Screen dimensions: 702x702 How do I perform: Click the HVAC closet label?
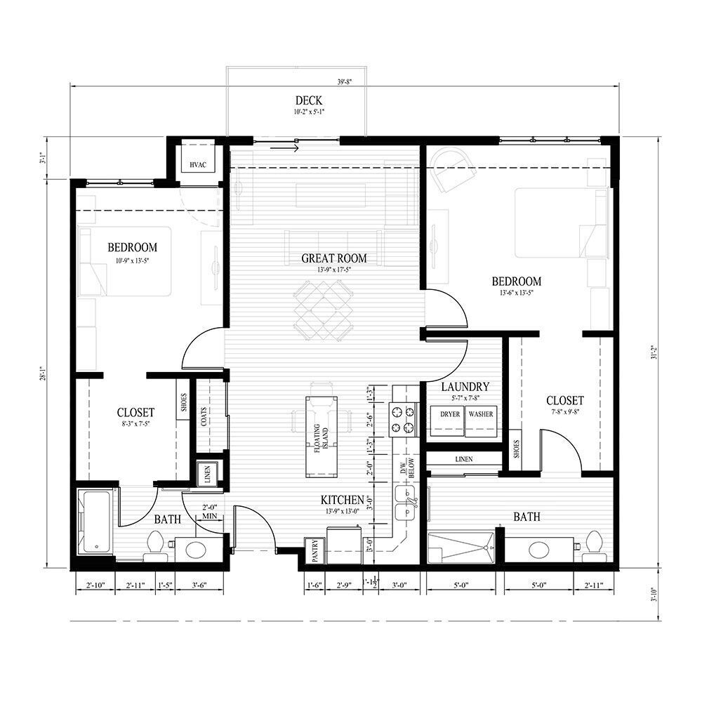(x=196, y=165)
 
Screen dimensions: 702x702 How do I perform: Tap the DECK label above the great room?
(x=309, y=101)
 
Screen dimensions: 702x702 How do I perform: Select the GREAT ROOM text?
(x=333, y=258)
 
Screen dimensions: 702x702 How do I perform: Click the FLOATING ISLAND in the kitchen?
(x=322, y=435)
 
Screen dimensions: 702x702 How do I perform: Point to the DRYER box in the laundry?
(x=450, y=414)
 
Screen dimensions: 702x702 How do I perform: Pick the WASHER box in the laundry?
(x=481, y=414)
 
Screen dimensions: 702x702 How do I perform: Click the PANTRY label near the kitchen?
(x=312, y=552)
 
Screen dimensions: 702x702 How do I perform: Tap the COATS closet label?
(x=204, y=418)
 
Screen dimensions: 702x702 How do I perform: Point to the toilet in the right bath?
(x=595, y=545)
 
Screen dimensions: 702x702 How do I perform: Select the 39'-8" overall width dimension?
(x=344, y=82)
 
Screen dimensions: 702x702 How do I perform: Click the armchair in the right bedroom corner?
(x=449, y=171)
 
